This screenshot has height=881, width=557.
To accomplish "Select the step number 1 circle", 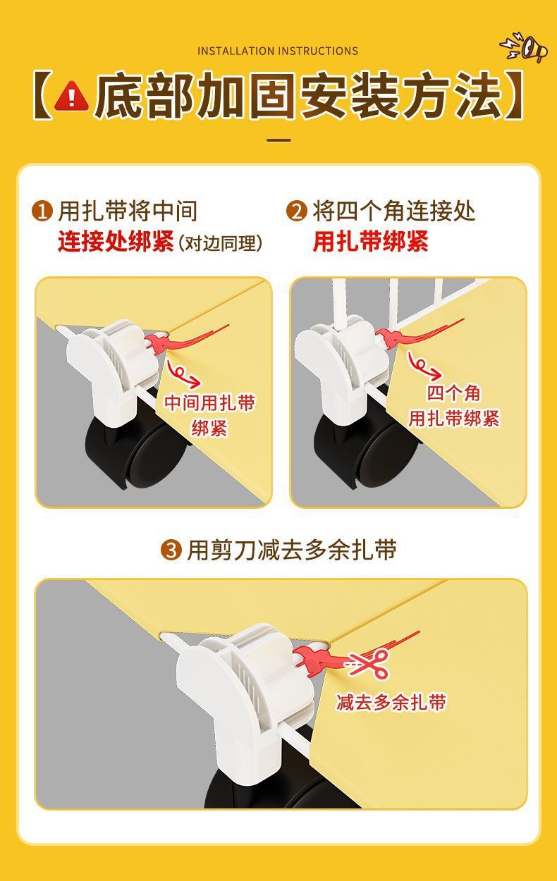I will pyautogui.click(x=43, y=211).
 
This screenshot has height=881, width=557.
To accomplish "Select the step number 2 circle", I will pyautogui.click(x=297, y=211).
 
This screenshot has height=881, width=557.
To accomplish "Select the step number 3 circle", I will pyautogui.click(x=171, y=550).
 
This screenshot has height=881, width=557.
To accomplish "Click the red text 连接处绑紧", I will pyautogui.click(x=116, y=242).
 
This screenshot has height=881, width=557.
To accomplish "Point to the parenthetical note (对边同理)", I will pyautogui.click(x=221, y=243).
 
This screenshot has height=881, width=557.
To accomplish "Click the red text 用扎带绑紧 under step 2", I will pyautogui.click(x=371, y=242).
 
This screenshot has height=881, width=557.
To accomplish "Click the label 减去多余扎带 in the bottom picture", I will pyautogui.click(x=391, y=702).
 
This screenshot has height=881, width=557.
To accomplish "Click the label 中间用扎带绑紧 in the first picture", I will pyautogui.click(x=209, y=415).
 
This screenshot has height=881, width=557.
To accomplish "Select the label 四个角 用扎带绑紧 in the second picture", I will pyautogui.click(x=453, y=406).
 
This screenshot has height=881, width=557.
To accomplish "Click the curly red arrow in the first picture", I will pyautogui.click(x=184, y=374).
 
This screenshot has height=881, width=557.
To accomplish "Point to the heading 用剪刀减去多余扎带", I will pyautogui.click(x=291, y=550).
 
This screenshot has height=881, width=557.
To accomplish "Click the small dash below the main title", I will pyautogui.click(x=279, y=140).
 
